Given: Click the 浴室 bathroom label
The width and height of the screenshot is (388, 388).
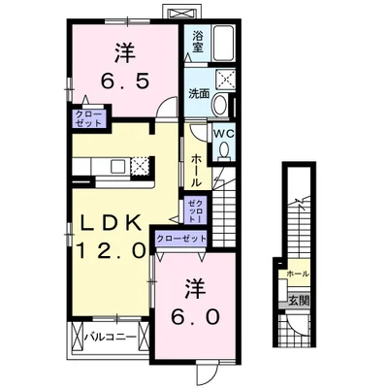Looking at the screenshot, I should point(197,41).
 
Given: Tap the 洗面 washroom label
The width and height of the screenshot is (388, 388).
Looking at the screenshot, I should point(198,94).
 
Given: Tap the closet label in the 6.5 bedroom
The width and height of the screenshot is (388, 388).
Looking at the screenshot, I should point(88,119).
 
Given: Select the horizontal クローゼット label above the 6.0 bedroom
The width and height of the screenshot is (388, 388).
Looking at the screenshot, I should point(181,238).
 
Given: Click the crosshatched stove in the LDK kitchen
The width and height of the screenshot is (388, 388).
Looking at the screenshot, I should point(141,165).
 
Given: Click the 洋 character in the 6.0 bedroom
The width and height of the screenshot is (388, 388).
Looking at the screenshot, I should point(195,288).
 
